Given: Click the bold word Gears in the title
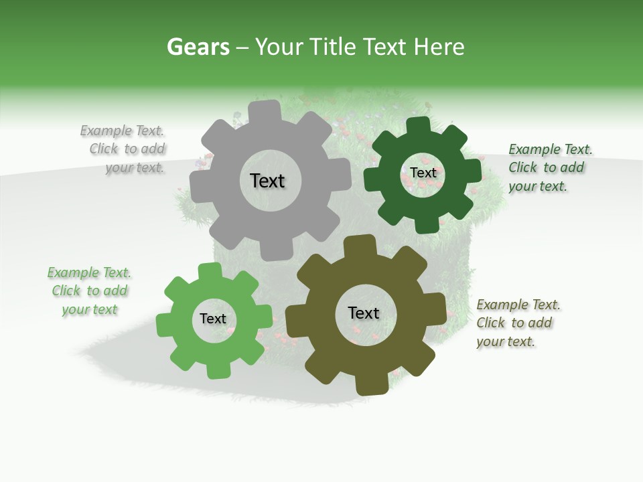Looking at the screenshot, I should [x=198, y=47].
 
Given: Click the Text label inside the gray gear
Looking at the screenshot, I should [x=267, y=181].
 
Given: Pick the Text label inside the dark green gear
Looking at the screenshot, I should [x=423, y=173].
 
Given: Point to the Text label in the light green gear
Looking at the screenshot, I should [x=213, y=319].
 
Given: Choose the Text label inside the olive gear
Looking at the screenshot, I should [x=364, y=313].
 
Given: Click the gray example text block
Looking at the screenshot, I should [x=125, y=149].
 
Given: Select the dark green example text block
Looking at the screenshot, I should [x=549, y=168].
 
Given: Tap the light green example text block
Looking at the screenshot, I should [x=89, y=291].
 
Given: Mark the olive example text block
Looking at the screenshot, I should [x=517, y=323].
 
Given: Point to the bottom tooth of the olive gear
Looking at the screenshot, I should [x=369, y=385].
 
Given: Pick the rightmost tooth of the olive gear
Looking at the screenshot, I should [x=437, y=313].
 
